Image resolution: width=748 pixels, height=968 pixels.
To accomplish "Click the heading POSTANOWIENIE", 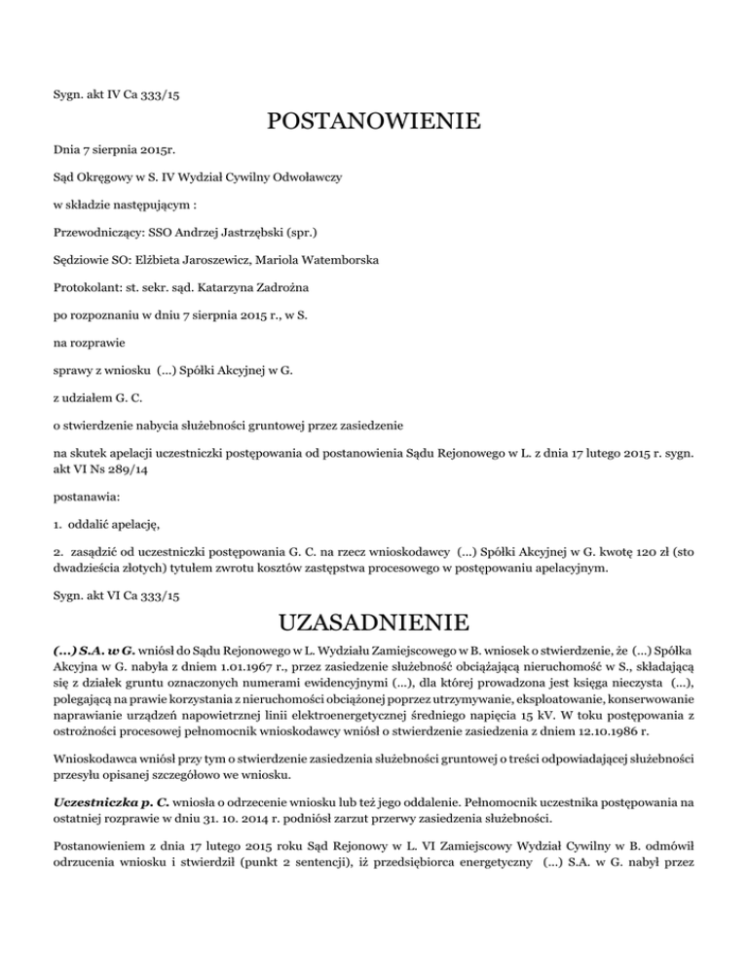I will point(373,123).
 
